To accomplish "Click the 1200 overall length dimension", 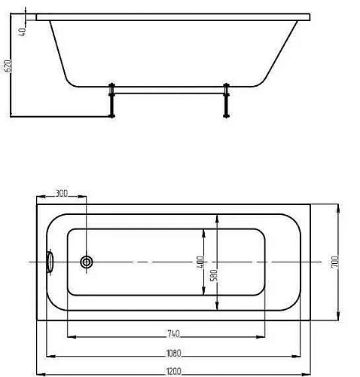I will point(174,369).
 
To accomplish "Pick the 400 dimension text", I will point(200,262).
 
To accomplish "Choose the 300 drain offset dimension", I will point(62,194).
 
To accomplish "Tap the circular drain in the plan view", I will point(87,262).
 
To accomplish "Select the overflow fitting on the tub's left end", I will point(50,261).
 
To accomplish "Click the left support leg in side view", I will point(111,100).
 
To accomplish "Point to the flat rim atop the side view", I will point(173,15).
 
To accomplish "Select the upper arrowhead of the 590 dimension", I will point(217,216).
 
